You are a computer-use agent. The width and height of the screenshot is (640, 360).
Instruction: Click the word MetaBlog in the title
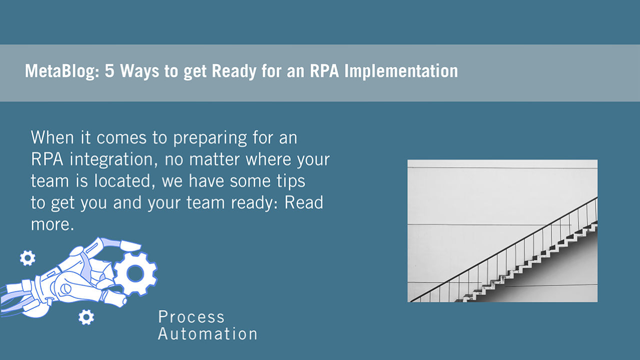pos(62,71)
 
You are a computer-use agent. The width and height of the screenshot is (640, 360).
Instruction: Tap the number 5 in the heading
pos(109,70)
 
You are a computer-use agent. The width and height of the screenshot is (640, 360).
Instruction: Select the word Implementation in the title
pos(401,71)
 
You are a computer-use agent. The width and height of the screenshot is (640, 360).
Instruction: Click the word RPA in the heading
pos(324,70)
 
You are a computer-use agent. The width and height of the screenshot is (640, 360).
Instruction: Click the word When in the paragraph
pos(52,137)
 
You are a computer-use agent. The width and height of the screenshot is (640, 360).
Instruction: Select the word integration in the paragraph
pos(113,159)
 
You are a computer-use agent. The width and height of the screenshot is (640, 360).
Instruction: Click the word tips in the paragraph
pos(291,181)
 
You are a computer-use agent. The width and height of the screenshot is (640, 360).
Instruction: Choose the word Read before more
pos(303,202)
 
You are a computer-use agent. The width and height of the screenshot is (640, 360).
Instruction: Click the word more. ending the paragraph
pos(52,225)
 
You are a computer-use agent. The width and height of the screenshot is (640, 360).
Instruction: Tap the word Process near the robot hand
pos(191,317)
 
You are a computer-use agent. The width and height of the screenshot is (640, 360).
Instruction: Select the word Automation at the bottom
pos(207,333)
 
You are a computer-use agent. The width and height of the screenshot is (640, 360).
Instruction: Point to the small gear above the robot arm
pos(27,258)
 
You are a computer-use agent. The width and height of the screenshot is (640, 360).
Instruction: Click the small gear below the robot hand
pos(86,317)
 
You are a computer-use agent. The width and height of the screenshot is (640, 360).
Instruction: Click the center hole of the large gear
pos(135,273)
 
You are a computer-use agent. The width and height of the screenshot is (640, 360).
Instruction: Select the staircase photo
pos(502,231)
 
